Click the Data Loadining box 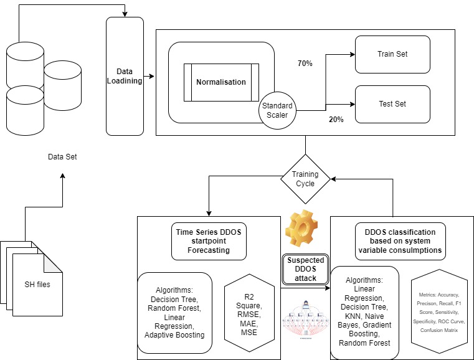click(x=125, y=76)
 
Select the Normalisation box click(x=220, y=82)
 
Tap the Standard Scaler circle click(x=277, y=110)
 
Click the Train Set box click(x=392, y=54)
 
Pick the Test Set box click(x=392, y=103)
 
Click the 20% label click(x=336, y=119)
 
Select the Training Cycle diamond click(x=305, y=179)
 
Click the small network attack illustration click(x=305, y=318)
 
